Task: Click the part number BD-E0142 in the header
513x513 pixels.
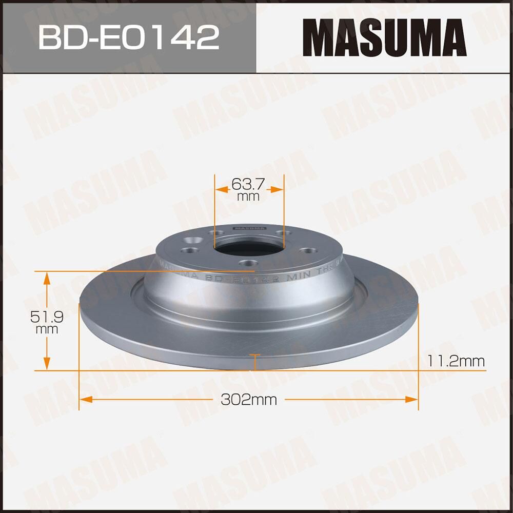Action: click(129, 37)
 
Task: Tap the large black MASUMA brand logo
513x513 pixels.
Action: click(384, 37)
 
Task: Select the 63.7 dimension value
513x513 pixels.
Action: click(249, 183)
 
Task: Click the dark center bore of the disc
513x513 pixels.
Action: click(249, 248)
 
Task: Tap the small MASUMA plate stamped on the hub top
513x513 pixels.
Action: click(249, 227)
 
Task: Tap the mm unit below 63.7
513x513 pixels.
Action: click(249, 196)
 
